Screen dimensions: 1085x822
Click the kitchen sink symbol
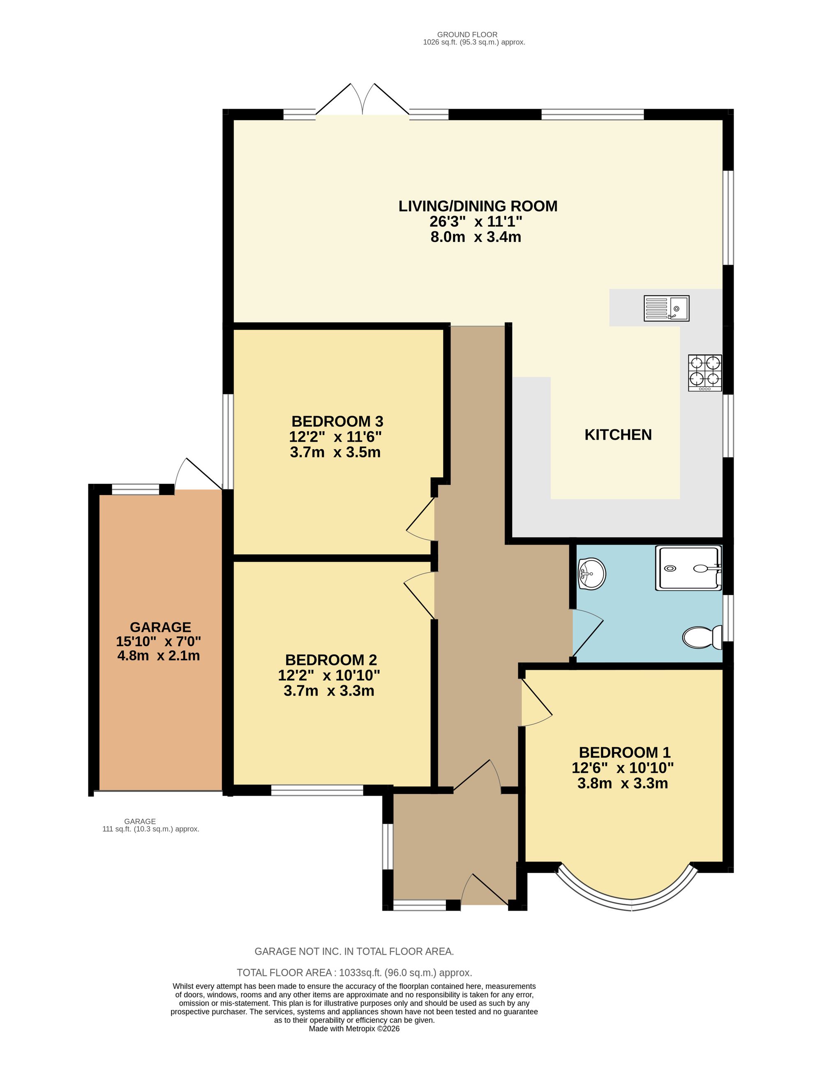coord(666,308)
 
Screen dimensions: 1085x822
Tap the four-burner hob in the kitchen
coord(705,373)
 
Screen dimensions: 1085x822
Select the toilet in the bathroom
coord(702,637)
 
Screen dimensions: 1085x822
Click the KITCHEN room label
coord(618,435)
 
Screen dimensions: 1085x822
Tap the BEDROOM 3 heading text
coord(337,421)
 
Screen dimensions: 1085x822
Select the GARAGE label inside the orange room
coord(160,627)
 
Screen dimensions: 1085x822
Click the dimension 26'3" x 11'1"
coord(476,222)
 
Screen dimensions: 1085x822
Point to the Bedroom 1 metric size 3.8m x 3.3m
coord(623,784)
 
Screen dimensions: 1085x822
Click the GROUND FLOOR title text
coord(467,34)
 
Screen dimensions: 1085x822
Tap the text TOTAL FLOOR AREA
coord(286,972)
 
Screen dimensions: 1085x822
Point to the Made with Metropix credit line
coord(354,1029)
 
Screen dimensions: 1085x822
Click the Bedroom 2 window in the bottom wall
coord(317,790)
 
